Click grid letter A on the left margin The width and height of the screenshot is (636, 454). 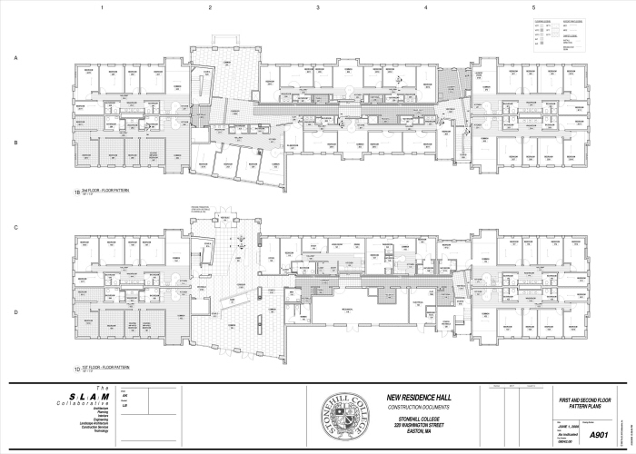15,57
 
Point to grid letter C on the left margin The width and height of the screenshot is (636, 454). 15,227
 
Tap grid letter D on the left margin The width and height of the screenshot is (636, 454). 15,312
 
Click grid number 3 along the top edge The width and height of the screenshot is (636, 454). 317,7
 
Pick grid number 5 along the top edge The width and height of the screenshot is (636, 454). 532,7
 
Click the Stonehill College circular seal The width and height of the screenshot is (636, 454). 347,417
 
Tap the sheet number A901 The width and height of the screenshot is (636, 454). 597,435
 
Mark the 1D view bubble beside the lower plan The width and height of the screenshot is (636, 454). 77,368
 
